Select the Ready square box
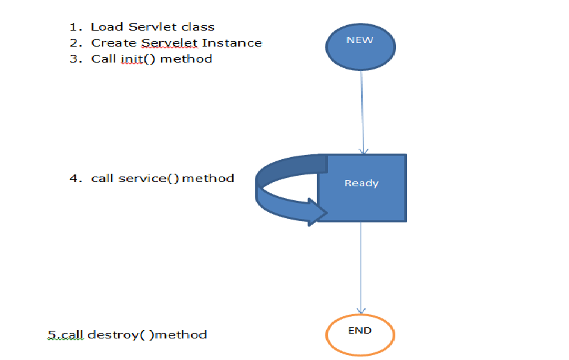[362, 202]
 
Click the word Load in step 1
[105, 27]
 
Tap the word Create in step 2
[110, 43]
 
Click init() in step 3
[133, 59]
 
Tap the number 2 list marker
[74, 43]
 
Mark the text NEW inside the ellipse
[359, 40]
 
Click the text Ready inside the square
[361, 183]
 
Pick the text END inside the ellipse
[359, 330]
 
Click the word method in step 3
[186, 59]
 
